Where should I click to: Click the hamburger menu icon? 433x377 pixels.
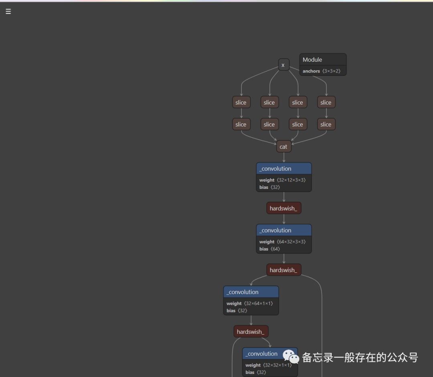point(8,12)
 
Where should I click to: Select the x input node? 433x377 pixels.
point(283,65)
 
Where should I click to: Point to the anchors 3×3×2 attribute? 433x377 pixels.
point(321,71)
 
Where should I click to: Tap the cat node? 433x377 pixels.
point(283,147)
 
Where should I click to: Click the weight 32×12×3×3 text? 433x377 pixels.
point(282,180)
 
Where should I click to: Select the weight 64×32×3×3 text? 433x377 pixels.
point(282,242)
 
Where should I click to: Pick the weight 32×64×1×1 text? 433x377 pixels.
point(249,304)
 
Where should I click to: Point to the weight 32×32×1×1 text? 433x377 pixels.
point(268,365)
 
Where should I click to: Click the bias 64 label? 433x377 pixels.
point(269,249)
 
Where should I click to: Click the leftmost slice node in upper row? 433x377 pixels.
point(241,103)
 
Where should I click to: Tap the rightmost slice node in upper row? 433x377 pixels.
point(326,103)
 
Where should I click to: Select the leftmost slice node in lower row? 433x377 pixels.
point(241,125)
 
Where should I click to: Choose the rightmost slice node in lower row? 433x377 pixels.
point(326,125)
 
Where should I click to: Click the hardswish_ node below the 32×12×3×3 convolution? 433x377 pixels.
point(283,208)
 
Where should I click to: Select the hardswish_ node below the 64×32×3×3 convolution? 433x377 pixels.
point(283,270)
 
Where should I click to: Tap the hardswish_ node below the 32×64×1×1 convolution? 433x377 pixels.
point(251,332)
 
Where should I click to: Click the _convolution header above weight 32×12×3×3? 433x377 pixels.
point(283,169)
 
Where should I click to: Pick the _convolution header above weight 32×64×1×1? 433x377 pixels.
point(251,292)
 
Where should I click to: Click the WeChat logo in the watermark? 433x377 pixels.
point(291,356)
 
